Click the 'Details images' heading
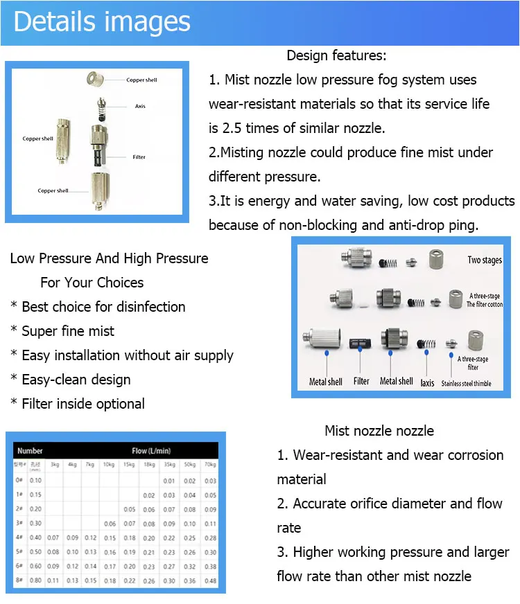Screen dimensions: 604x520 (102, 21)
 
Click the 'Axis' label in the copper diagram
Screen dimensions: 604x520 (140, 106)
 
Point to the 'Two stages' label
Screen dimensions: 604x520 (485, 260)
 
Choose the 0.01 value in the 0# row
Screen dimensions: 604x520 (168, 480)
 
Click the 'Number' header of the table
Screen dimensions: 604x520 (30, 450)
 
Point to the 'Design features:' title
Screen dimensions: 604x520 (336, 55)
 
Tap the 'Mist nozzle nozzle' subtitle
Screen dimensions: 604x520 (379, 431)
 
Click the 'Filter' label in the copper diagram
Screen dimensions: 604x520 (139, 157)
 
